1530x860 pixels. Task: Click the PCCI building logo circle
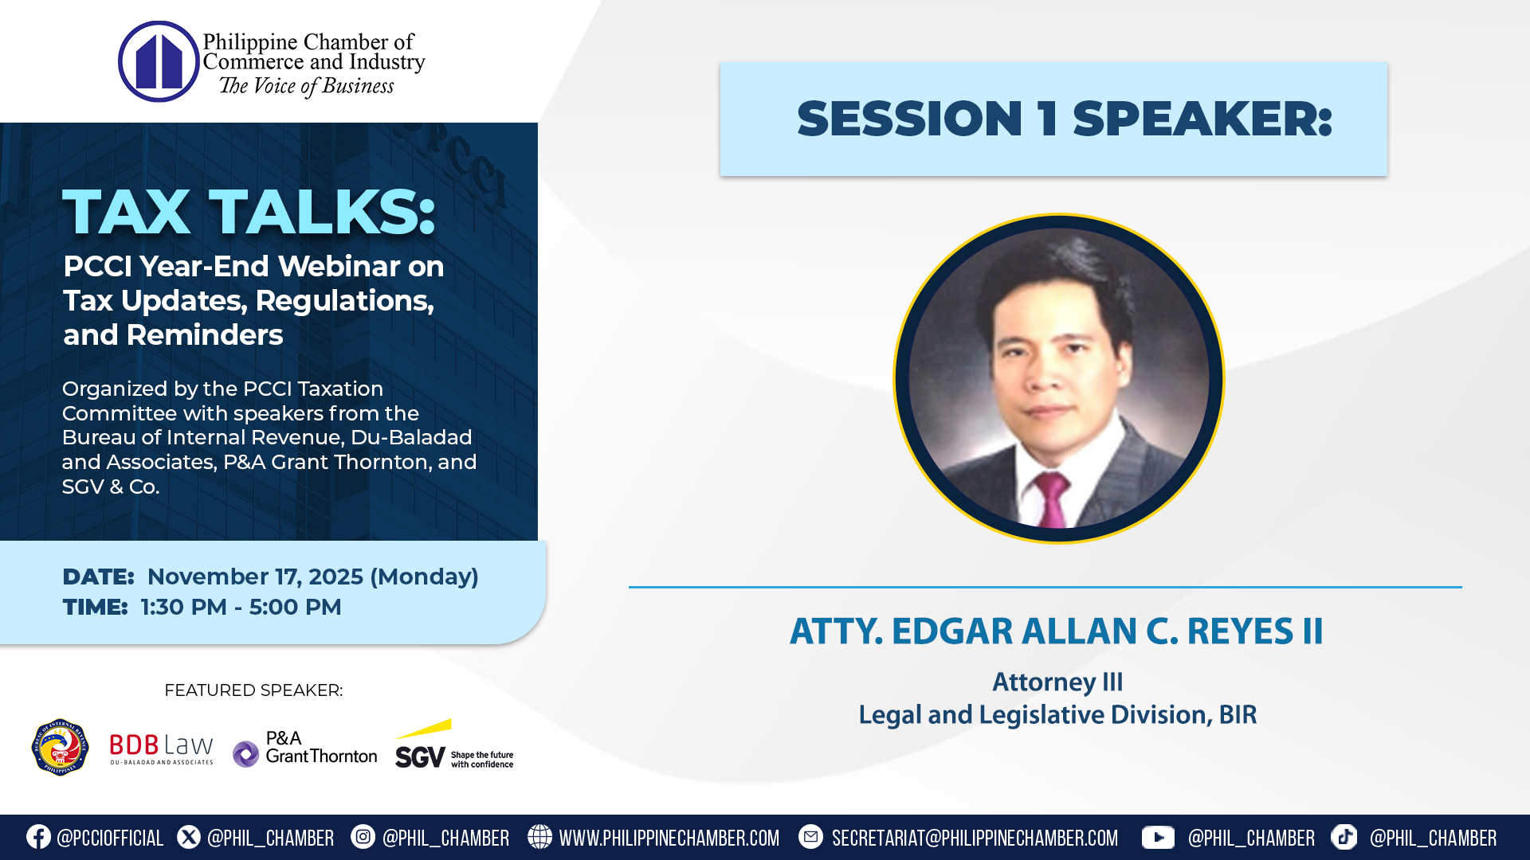click(159, 61)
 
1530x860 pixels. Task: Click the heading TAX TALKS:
click(249, 213)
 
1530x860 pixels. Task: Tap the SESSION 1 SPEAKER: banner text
click(1064, 119)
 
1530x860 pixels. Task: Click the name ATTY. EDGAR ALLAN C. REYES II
click(1056, 631)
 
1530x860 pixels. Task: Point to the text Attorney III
click(1057, 682)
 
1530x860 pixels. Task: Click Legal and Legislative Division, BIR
click(1057, 715)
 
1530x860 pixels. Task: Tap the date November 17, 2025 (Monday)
click(312, 577)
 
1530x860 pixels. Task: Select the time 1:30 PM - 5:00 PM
click(241, 607)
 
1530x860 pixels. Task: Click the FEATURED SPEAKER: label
click(253, 690)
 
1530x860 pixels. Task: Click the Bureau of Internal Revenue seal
click(60, 747)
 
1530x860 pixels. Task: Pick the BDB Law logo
click(161, 748)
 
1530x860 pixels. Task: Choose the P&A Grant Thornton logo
click(305, 749)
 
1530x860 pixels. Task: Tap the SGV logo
click(454, 747)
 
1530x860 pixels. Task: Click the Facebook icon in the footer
click(38, 837)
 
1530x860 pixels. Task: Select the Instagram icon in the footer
click(363, 837)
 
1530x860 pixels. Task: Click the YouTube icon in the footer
click(1157, 837)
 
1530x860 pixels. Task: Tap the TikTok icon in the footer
click(1344, 837)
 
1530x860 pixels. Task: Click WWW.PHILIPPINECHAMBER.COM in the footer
click(669, 838)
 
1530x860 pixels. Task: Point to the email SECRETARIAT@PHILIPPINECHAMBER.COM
click(975, 838)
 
